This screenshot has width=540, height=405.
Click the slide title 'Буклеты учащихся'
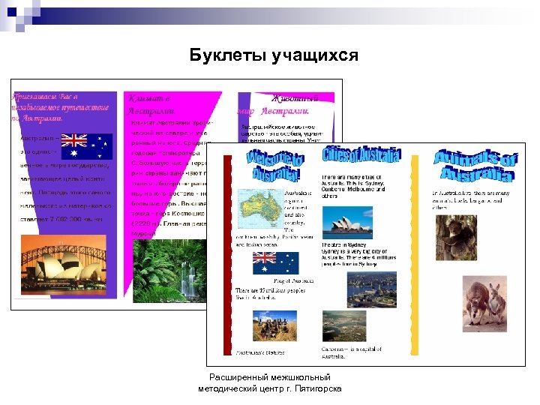274,55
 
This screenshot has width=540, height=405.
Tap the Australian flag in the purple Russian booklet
86,145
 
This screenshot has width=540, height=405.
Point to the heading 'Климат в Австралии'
154,105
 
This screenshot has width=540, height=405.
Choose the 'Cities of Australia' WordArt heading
361,157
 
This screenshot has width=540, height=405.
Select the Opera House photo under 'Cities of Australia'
346,223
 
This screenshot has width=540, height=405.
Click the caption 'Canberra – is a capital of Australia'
352,352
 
